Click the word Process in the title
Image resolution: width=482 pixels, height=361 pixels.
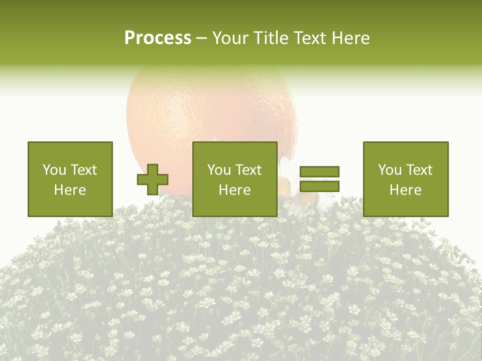coord(158,38)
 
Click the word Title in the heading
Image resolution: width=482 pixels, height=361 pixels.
coord(271,38)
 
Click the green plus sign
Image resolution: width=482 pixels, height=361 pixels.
coord(153,179)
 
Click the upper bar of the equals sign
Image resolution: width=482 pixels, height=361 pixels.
coord(319,172)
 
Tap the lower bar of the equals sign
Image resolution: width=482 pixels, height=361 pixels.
coord(319,186)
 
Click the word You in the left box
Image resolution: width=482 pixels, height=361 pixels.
coord(54,170)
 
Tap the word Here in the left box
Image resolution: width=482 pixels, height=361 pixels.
coord(70,190)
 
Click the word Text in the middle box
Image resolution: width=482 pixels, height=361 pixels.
coord(249,170)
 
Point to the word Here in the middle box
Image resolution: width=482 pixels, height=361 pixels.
coord(234,190)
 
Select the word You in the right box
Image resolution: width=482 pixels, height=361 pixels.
coord(390,170)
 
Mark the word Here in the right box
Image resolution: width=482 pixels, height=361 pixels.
coord(405,190)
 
